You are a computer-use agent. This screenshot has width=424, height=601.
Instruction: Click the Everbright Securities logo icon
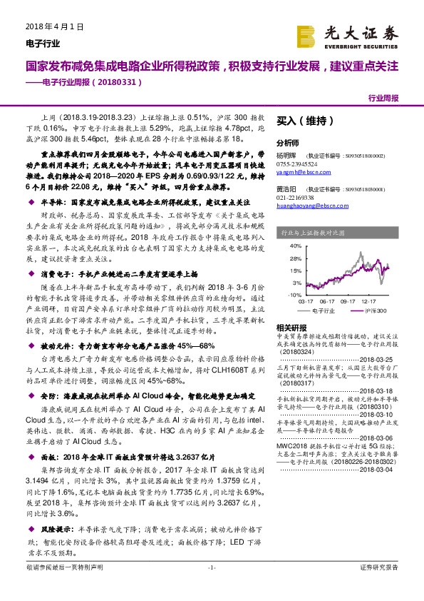tap(306, 36)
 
